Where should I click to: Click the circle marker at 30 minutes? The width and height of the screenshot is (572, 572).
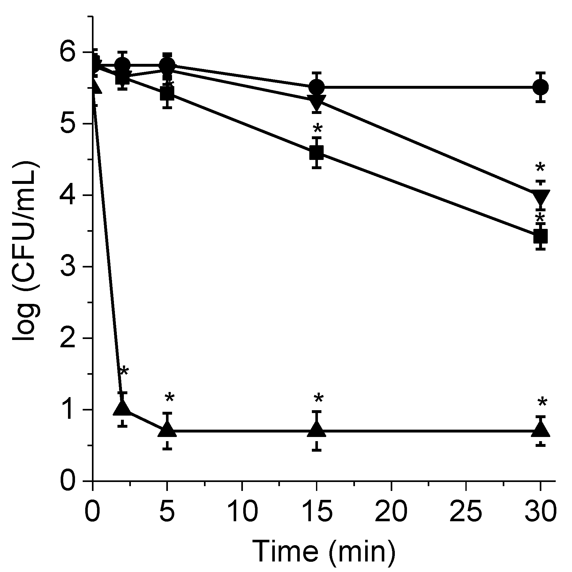point(540,87)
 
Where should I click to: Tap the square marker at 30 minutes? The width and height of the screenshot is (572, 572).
point(540,237)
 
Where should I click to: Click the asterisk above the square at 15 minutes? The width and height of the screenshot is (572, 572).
point(318,129)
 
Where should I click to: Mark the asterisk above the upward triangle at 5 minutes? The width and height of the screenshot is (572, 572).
point(169,398)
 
